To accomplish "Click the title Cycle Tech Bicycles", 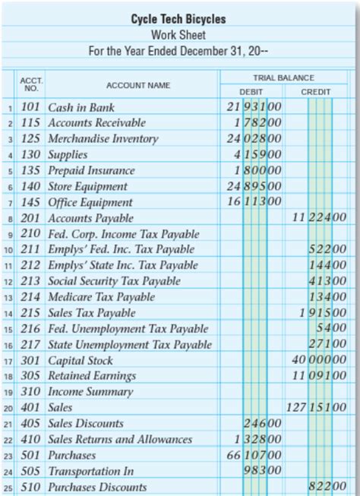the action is pyautogui.click(x=178, y=19).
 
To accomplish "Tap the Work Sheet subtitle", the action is pyautogui.click(x=178, y=35).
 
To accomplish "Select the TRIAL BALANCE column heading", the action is pyautogui.click(x=283, y=78).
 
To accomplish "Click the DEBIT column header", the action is pyautogui.click(x=251, y=91).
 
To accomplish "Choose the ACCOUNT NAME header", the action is pyautogui.click(x=138, y=85).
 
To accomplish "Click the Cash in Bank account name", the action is pyautogui.click(x=81, y=107).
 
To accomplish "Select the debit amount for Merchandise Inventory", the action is pyautogui.click(x=254, y=139).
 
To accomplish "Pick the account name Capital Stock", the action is pyautogui.click(x=81, y=361).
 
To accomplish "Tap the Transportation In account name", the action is pyautogui.click(x=90, y=472).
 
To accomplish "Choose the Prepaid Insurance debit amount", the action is pyautogui.click(x=257, y=171).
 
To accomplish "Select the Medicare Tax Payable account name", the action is pyautogui.click(x=101, y=297).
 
